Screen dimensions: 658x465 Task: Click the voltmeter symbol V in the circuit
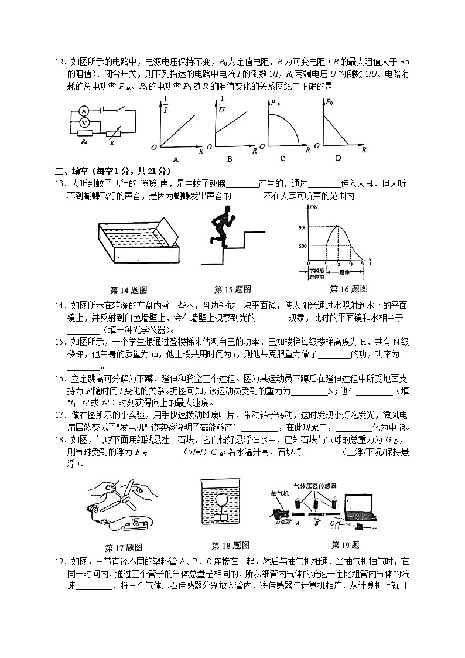(x=84, y=122)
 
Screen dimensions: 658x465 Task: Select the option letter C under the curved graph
(x=282, y=158)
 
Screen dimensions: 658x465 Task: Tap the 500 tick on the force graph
(x=302, y=246)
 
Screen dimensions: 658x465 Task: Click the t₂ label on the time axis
(x=338, y=265)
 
